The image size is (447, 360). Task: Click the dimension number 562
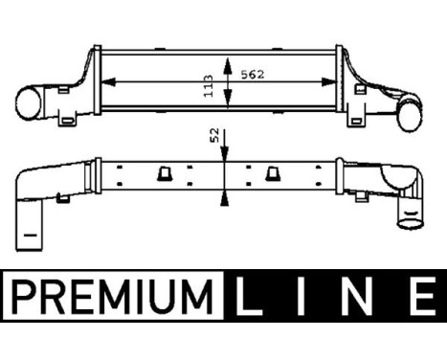[251, 72]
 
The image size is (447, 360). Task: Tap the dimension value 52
[212, 137]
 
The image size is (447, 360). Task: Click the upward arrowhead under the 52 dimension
[224, 196]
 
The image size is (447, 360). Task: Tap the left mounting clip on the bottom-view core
[162, 173]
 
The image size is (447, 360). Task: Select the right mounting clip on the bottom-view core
[272, 173]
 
